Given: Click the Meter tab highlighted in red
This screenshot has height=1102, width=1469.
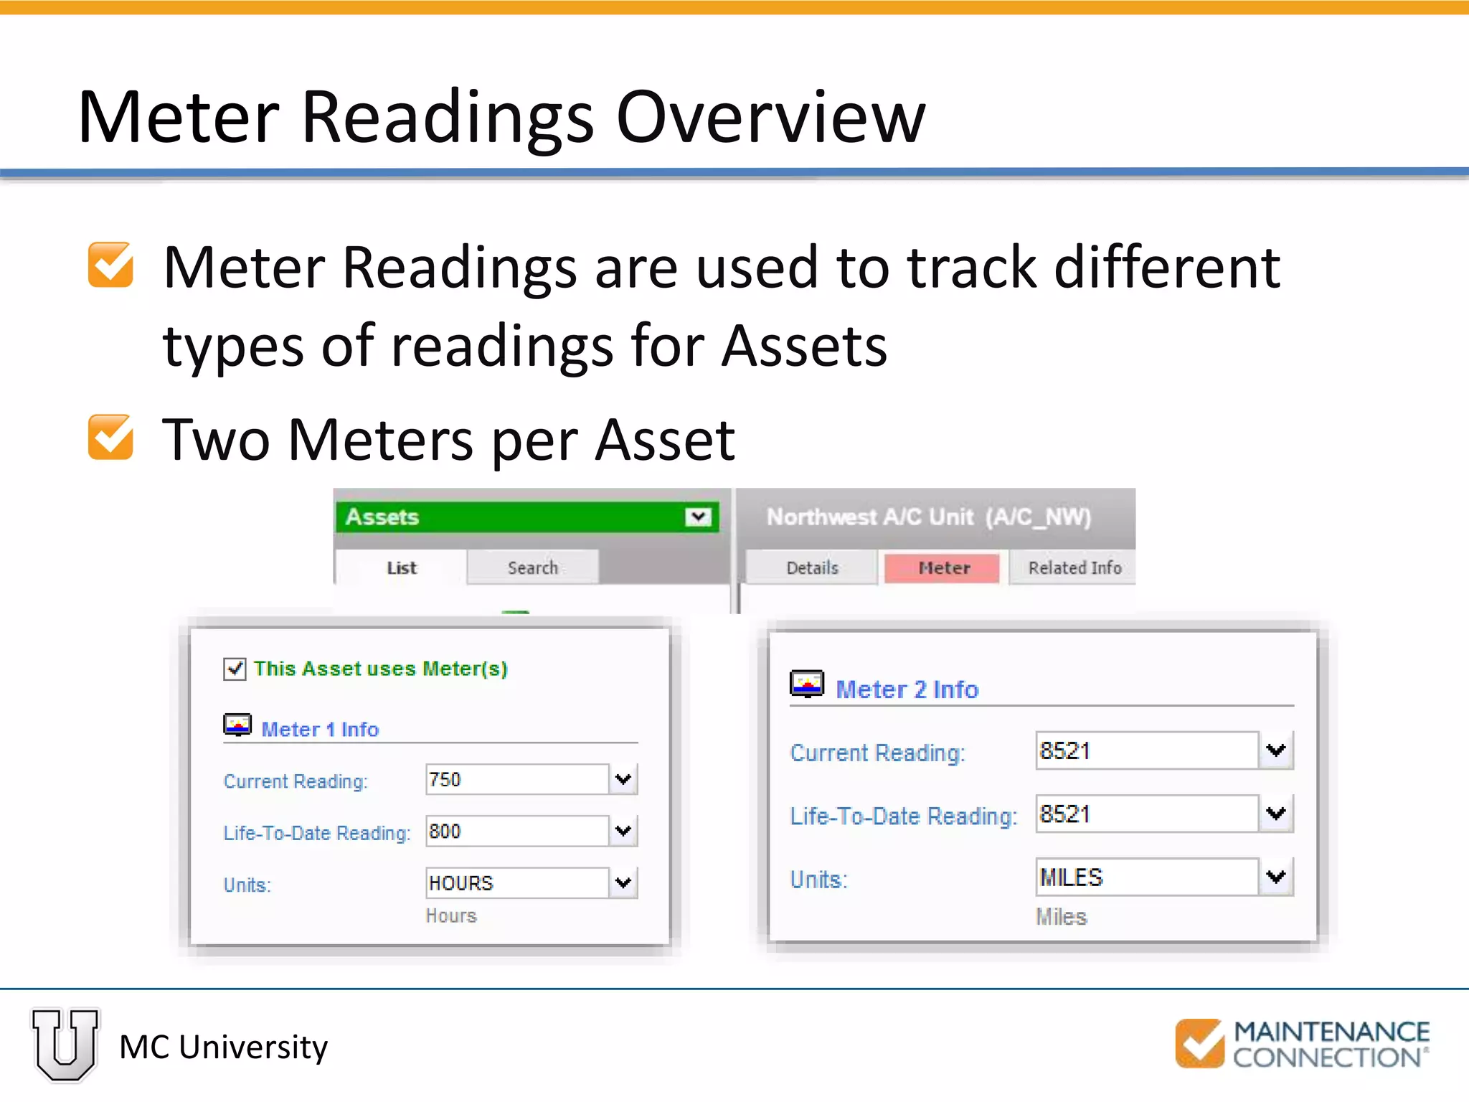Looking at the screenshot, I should (x=943, y=568).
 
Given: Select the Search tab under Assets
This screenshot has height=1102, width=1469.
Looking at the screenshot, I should (x=532, y=568).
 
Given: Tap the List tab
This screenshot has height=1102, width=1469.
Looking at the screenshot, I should (x=401, y=568).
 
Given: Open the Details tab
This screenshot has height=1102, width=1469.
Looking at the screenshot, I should (x=812, y=568).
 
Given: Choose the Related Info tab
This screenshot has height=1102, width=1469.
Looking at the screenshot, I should (x=1074, y=568).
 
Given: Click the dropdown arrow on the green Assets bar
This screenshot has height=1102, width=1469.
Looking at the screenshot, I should (x=698, y=517).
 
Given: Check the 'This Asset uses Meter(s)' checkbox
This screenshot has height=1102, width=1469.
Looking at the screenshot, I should (x=235, y=669).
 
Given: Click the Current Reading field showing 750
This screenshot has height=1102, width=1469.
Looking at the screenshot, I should (x=516, y=779).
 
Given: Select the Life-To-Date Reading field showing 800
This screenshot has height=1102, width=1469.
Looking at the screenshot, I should (x=516, y=831).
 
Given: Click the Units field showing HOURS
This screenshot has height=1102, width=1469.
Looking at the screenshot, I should (x=516, y=882).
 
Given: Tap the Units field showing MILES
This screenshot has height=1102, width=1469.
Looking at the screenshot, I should (x=1146, y=877).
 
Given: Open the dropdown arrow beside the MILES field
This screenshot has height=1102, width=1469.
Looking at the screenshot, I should (x=1276, y=877).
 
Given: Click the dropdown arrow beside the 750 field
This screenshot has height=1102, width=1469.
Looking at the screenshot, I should (x=623, y=779).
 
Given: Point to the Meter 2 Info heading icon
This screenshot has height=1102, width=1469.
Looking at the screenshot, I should (x=807, y=684).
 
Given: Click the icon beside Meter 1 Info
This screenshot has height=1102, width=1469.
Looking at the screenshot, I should (x=237, y=725).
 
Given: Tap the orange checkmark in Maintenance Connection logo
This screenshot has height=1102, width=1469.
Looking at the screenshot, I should (x=1199, y=1043).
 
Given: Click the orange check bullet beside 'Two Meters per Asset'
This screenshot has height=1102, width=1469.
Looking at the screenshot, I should (x=110, y=437).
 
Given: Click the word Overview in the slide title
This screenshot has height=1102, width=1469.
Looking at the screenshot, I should (x=771, y=117).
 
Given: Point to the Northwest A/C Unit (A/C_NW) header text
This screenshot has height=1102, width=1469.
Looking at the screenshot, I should (x=929, y=517).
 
